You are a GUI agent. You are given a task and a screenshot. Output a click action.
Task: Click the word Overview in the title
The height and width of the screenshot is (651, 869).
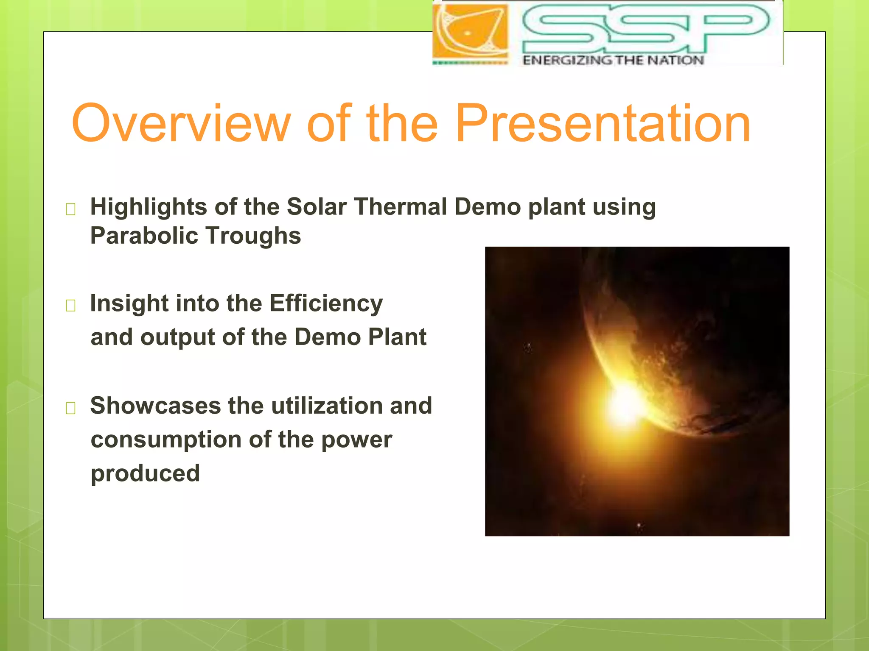182,124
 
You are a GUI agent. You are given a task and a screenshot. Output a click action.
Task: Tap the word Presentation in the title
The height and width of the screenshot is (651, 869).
603,124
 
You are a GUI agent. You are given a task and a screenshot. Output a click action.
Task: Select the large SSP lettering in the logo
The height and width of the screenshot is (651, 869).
645,29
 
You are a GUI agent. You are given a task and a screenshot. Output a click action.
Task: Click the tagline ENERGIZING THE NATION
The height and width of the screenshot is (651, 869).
613,61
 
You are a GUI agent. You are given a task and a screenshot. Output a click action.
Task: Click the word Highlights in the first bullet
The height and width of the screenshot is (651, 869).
149,208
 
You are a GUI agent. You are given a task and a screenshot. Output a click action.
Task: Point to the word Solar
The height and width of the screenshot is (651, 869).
317,207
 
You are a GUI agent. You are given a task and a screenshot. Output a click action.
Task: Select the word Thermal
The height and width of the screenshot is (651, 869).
401,207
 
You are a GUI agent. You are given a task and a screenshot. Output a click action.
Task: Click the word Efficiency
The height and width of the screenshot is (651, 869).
326,304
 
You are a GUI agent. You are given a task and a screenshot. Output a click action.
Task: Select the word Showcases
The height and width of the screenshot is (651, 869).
155,406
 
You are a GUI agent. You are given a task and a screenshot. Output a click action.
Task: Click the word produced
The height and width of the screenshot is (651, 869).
145,473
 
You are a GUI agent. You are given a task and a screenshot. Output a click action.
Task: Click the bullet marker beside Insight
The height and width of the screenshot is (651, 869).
70,305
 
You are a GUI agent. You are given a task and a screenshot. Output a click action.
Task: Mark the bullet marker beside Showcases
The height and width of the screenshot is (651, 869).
70,408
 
